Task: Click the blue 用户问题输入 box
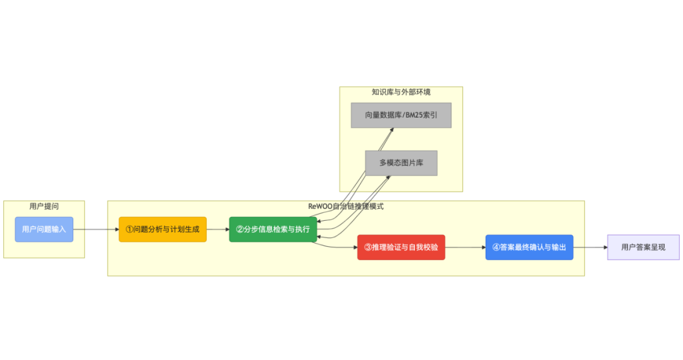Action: pyautogui.click(x=44, y=229)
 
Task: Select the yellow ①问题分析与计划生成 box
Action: pyautogui.click(x=163, y=229)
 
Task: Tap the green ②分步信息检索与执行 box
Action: pyautogui.click(x=273, y=229)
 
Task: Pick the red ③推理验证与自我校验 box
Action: pyautogui.click(x=401, y=247)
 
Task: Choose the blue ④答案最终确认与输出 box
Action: pyautogui.click(x=529, y=247)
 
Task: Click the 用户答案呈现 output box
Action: pyautogui.click(x=643, y=247)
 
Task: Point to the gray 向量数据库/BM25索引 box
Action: pyautogui.click(x=401, y=115)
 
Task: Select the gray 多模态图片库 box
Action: pyautogui.click(x=401, y=163)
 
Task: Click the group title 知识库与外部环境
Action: pyautogui.click(x=401, y=92)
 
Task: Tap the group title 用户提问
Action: pyautogui.click(x=44, y=206)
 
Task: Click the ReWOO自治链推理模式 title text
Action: pyautogui.click(x=345, y=206)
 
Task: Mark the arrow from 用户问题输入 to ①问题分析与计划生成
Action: pyautogui.click(x=95, y=229)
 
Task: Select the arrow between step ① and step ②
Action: pyautogui.click(x=218, y=229)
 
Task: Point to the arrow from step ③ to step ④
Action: pyautogui.click(x=465, y=247)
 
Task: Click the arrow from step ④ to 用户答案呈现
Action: pyautogui.click(x=590, y=247)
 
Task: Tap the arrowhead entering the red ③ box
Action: pyautogui.click(x=354, y=247)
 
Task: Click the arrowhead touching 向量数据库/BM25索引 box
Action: pyautogui.click(x=391, y=130)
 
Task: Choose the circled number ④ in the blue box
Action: pyautogui.click(x=496, y=247)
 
